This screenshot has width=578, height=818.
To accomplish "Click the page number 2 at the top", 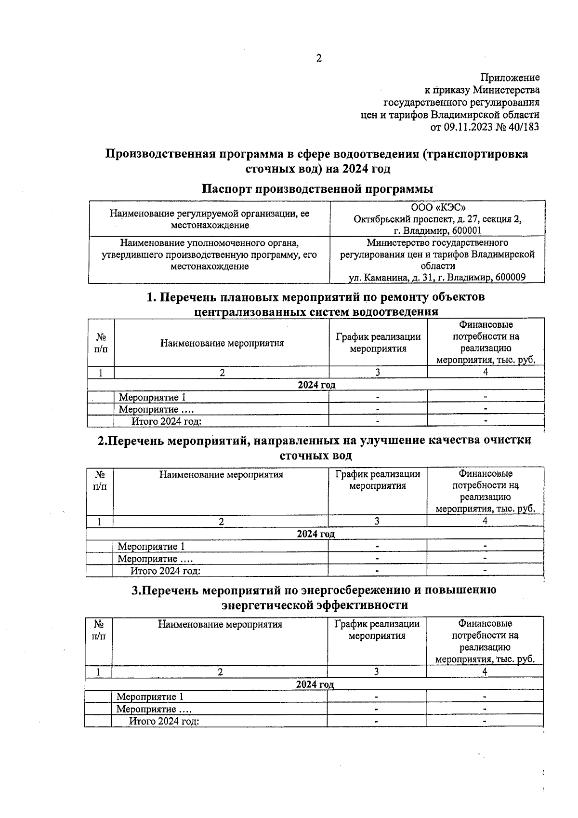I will (x=318, y=59).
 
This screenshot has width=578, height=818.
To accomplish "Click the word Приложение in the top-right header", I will (x=510, y=78).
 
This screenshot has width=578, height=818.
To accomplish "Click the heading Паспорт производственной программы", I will (x=316, y=188).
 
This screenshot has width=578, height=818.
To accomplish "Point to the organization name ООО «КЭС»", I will (x=437, y=208).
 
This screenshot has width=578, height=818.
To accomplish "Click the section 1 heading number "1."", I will (x=151, y=297).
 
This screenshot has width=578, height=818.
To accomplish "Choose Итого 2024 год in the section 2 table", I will (x=165, y=571).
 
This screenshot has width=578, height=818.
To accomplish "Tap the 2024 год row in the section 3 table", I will (x=314, y=685).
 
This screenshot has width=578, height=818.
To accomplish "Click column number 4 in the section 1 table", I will (x=486, y=372).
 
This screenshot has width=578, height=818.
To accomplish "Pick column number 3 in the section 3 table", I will (x=376, y=672).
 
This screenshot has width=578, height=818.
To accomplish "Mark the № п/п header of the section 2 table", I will (x=100, y=481).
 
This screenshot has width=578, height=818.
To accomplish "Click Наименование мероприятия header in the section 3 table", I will (x=220, y=625).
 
